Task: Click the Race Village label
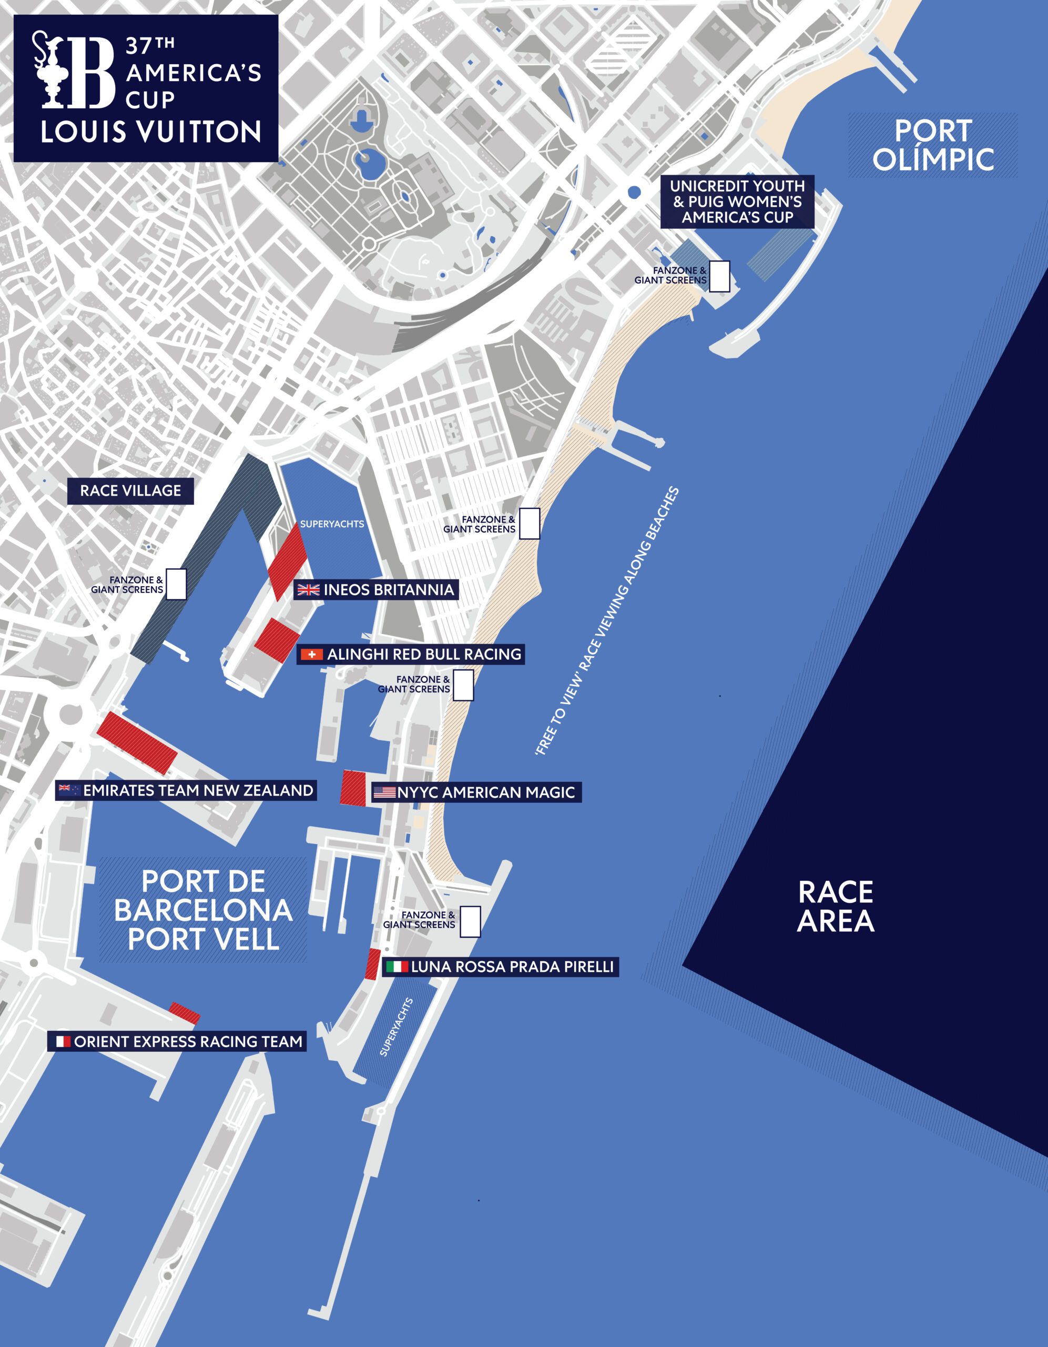click(131, 491)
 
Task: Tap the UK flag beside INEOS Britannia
click(308, 590)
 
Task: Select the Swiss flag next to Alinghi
click(312, 655)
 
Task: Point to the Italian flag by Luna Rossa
click(397, 967)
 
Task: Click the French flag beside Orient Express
click(63, 1042)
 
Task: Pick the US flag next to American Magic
click(384, 792)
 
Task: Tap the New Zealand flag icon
click(68, 790)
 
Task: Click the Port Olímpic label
click(933, 146)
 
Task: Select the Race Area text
click(836, 907)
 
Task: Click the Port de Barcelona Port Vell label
click(204, 910)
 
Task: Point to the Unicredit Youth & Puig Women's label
click(737, 202)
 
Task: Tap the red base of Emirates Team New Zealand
click(137, 742)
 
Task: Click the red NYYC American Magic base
click(353, 788)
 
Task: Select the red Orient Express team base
click(185, 1013)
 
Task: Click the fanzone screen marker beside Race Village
click(176, 584)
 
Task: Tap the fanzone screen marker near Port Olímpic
click(719, 276)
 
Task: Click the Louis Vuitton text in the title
click(151, 132)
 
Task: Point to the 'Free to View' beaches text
click(607, 622)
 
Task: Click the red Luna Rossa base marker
click(372, 964)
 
